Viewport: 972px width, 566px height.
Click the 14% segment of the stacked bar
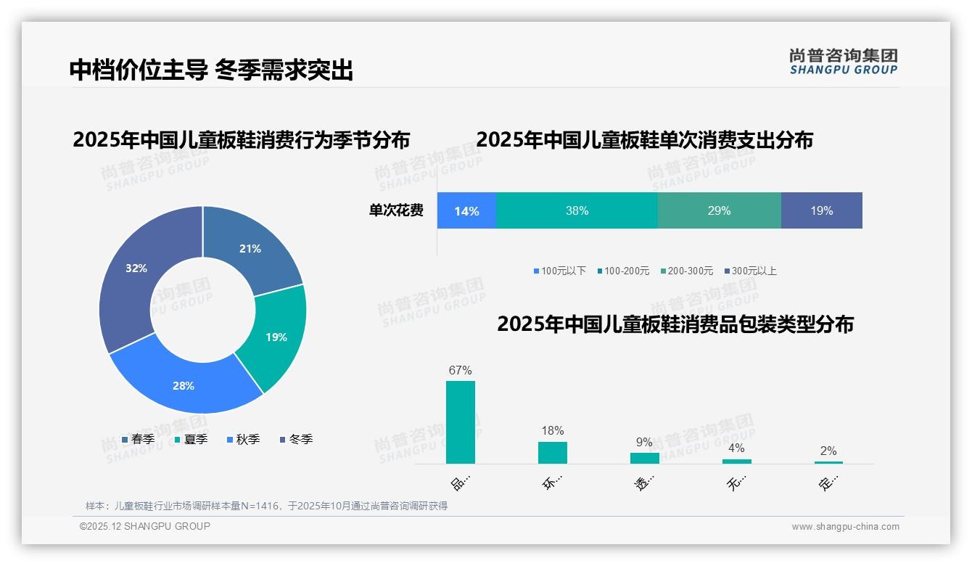pyautogui.click(x=466, y=211)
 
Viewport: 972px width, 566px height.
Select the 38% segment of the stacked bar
pyautogui.click(x=577, y=211)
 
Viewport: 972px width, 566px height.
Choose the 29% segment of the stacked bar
pyautogui.click(x=719, y=211)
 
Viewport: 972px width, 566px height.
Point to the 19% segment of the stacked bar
pyautogui.click(x=821, y=211)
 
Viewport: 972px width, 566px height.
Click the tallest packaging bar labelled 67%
pyautogui.click(x=460, y=422)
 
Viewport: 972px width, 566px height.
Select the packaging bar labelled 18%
pyautogui.click(x=552, y=453)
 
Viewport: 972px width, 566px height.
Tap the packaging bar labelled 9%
pyautogui.click(x=644, y=458)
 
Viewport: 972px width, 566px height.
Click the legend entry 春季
pyautogui.click(x=138, y=439)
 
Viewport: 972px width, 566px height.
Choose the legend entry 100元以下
pyautogui.click(x=559, y=271)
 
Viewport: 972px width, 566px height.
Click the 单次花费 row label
pyautogui.click(x=396, y=211)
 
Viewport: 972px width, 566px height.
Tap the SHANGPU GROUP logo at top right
pyautogui.click(x=843, y=62)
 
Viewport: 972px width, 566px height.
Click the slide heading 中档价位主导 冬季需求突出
pyautogui.click(x=211, y=70)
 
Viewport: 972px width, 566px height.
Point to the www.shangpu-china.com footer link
pyautogui.click(x=845, y=527)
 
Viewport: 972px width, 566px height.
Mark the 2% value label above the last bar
pyautogui.click(x=828, y=451)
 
